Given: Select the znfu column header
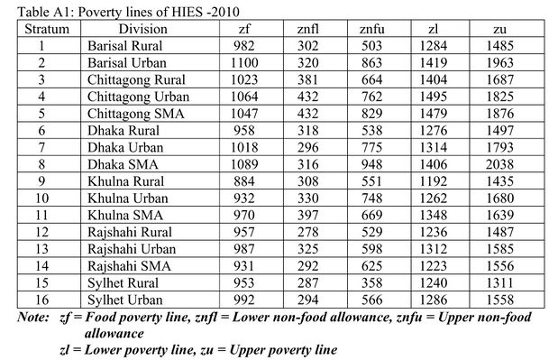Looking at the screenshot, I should point(365,29).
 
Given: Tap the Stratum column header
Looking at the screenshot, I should point(41,29).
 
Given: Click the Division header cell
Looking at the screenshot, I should point(142,29).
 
